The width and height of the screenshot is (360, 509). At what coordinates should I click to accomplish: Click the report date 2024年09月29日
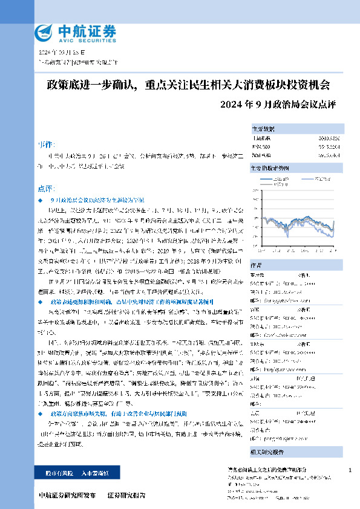click(59, 52)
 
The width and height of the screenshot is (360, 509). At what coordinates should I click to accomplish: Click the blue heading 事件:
click(45, 144)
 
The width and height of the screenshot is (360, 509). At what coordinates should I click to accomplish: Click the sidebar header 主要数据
click(263, 129)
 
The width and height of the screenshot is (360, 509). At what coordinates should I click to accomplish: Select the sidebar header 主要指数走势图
click(270, 167)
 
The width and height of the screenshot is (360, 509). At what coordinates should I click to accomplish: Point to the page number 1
click(350, 470)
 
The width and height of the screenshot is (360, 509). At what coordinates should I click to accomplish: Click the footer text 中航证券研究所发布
click(67, 495)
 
